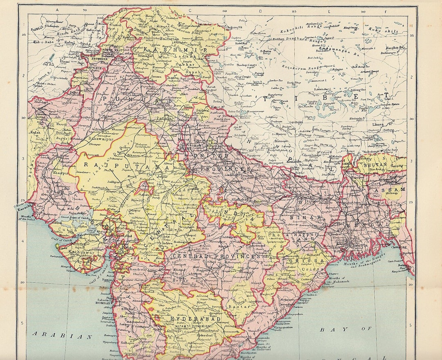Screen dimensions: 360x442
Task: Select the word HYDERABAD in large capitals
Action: pos(191,319)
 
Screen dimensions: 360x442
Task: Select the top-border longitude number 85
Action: pos(294,11)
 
